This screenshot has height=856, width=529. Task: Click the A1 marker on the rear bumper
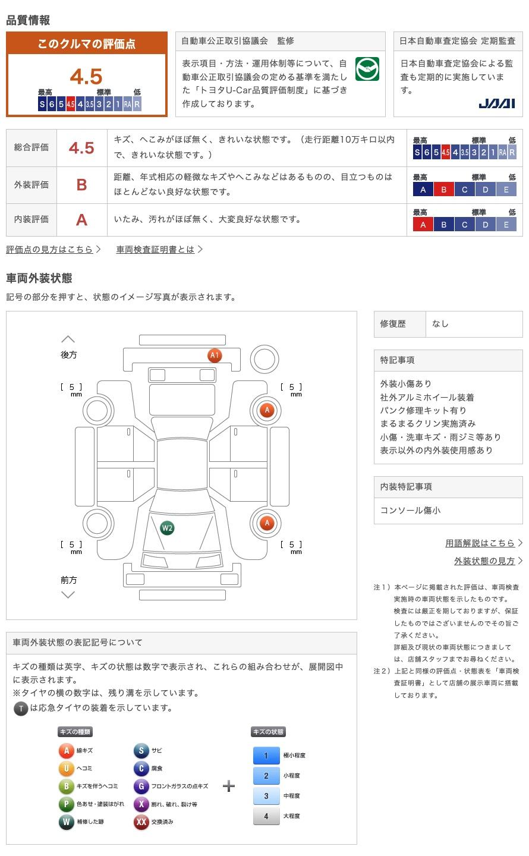[215, 355]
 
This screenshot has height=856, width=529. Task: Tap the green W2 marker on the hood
[168, 528]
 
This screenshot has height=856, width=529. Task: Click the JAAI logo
[497, 103]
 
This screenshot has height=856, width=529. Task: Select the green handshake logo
[367, 70]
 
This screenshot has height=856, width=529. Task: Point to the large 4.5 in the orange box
[86, 77]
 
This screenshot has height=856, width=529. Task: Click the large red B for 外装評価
[82, 185]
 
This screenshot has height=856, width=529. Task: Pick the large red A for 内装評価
[82, 220]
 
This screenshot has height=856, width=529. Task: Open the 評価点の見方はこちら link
[50, 250]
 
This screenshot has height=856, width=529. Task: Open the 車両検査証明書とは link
[156, 250]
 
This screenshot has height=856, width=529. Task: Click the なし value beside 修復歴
[440, 324]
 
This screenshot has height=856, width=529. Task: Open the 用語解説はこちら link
[480, 543]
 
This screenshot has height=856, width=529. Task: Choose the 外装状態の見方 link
[484, 561]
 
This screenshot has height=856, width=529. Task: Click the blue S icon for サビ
[141, 751]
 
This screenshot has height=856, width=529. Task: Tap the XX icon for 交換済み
[141, 822]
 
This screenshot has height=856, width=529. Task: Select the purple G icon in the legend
[141, 786]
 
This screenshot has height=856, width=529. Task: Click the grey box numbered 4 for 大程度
[266, 816]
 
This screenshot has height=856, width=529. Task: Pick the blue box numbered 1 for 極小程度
[266, 756]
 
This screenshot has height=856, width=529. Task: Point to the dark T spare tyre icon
[21, 708]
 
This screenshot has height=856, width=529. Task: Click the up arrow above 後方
[68, 339]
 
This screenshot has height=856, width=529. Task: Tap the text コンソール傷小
[411, 511]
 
